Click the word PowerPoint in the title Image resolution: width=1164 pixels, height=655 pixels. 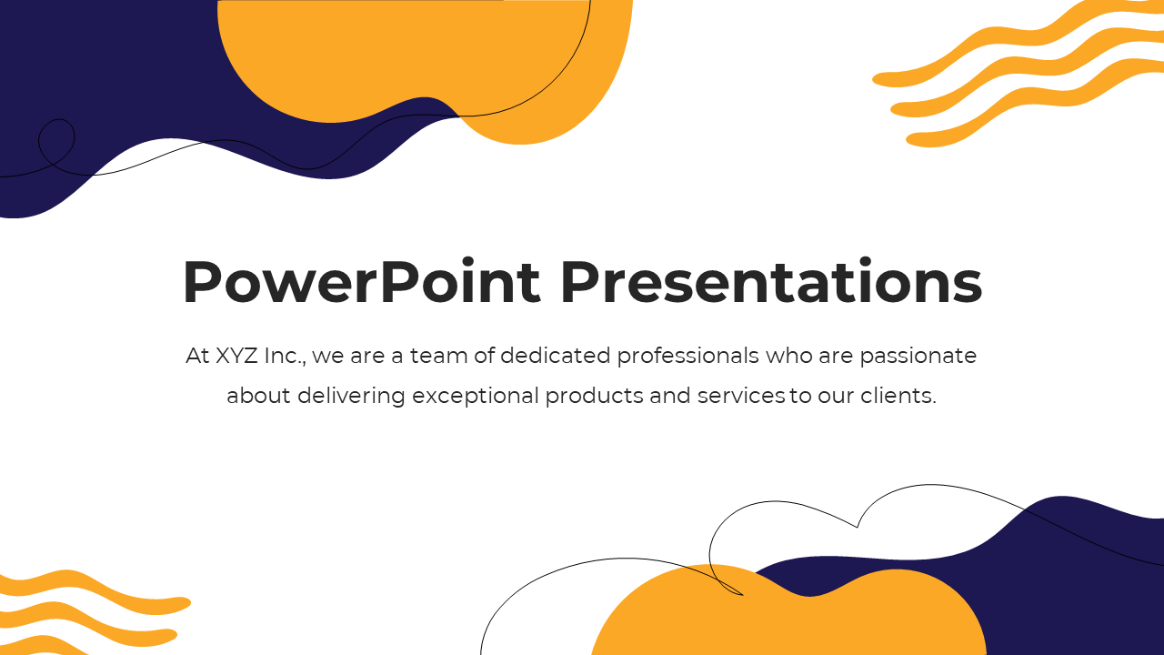coord(362,281)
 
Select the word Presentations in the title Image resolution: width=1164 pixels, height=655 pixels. coord(772,281)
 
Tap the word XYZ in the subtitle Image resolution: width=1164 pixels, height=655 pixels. coord(236,356)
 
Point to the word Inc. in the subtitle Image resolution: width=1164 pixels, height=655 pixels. coord(286,357)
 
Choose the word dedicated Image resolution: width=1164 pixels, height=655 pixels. coord(555,356)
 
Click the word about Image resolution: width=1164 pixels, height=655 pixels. coord(258,396)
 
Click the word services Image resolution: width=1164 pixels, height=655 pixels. coord(740,396)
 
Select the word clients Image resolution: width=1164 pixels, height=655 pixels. coord(898,396)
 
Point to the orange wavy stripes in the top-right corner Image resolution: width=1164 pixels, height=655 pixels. coord(1018,73)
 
